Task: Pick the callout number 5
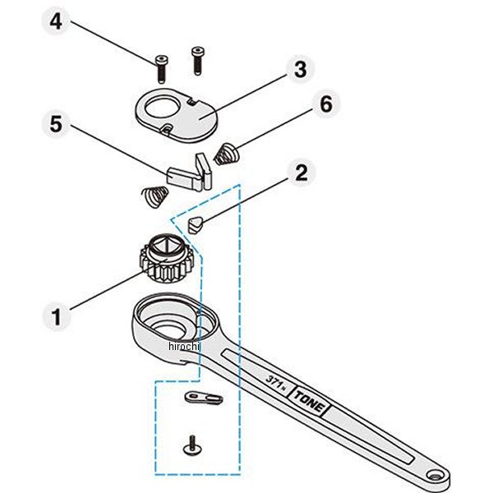pos(57,126)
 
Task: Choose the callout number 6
pos(326,105)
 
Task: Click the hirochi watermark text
pos(184,347)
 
